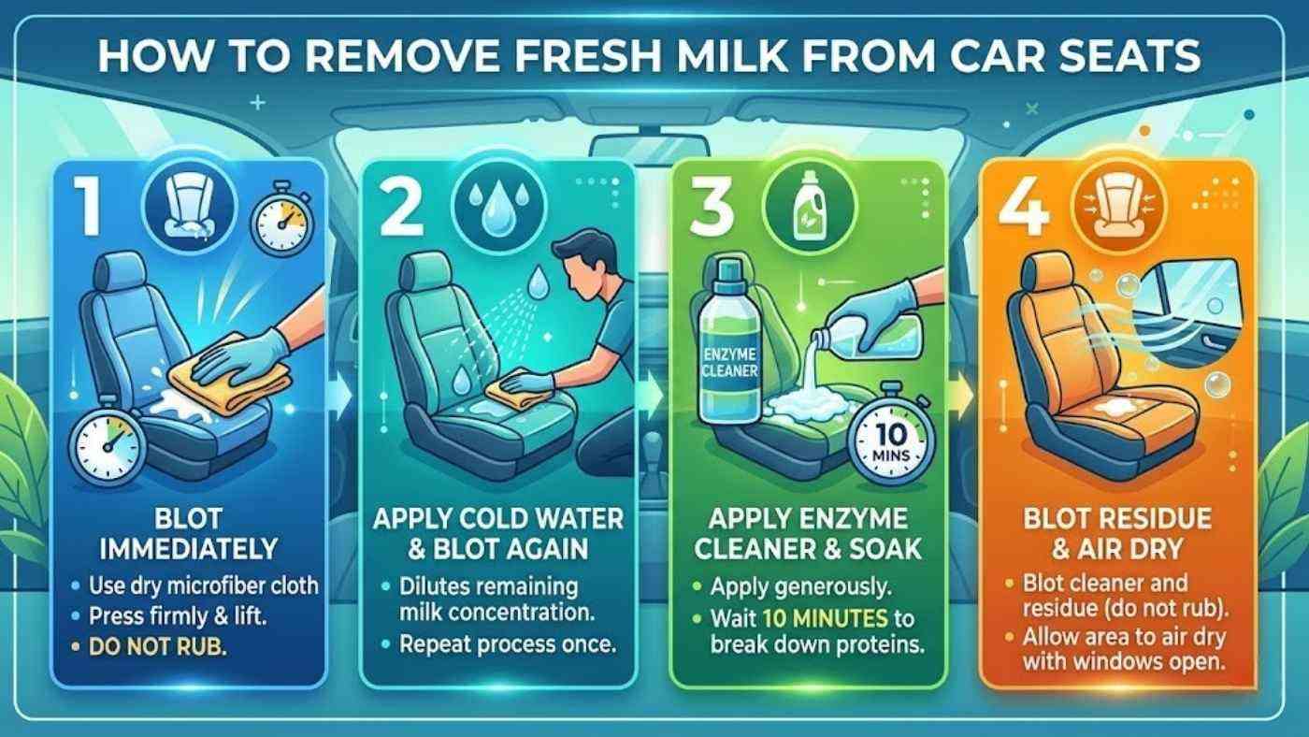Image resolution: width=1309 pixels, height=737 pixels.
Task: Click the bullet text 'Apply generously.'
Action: coord(798,588)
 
